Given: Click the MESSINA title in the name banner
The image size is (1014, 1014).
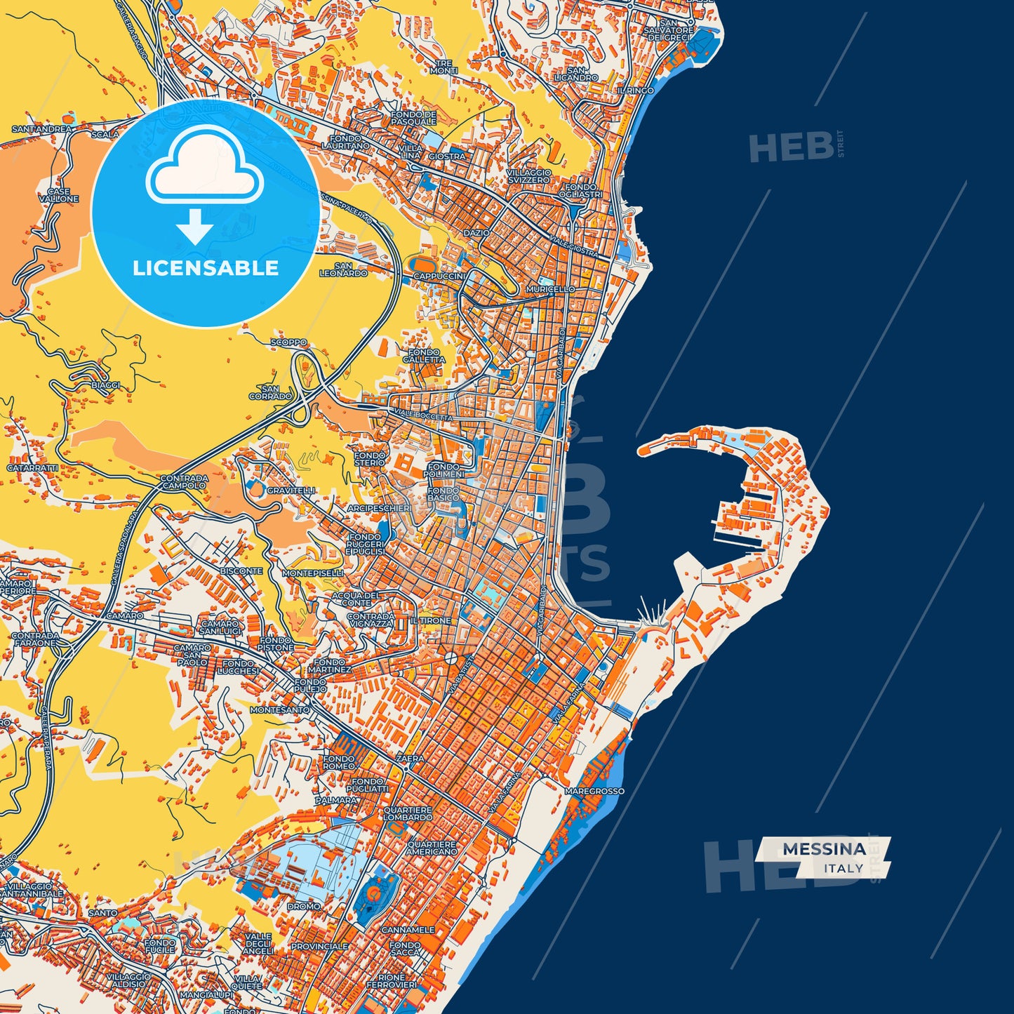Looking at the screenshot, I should [x=824, y=849].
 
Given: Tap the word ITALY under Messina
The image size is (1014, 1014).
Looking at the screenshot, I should [x=843, y=869].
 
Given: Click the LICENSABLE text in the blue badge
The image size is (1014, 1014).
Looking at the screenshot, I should [x=206, y=268].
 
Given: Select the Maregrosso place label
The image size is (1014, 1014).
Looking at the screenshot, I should [x=594, y=791].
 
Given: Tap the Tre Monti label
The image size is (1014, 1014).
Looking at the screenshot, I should [x=443, y=67].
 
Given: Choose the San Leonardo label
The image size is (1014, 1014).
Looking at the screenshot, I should [x=344, y=269].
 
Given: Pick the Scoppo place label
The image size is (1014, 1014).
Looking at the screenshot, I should [x=288, y=342].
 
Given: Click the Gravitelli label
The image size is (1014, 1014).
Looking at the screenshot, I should [x=291, y=491].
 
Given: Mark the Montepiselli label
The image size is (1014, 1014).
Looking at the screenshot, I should [x=312, y=573].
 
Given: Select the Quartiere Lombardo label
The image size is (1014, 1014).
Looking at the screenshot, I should [x=408, y=813].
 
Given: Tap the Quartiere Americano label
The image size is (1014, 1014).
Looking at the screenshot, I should [x=432, y=848].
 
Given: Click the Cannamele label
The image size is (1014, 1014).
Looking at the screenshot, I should [x=408, y=930].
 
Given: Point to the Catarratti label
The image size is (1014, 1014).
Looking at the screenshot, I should [x=32, y=467].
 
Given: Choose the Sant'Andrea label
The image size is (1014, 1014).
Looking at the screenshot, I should [x=41, y=130].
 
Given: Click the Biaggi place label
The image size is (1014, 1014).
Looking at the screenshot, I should [x=106, y=385].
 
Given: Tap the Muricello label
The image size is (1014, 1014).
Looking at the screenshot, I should [x=550, y=289].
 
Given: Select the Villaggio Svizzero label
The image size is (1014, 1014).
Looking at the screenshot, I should [x=529, y=176].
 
